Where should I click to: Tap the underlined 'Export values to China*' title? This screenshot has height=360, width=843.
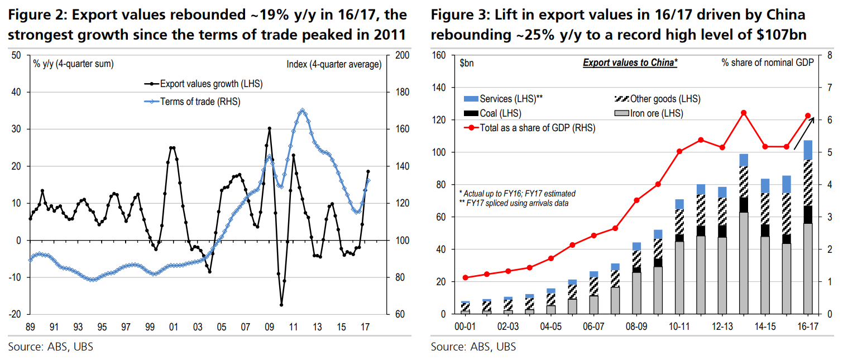[630, 63]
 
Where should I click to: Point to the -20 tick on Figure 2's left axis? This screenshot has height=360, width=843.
[16, 314]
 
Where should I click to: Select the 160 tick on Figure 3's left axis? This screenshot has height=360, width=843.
[439, 55]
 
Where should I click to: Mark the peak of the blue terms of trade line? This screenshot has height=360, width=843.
[302, 111]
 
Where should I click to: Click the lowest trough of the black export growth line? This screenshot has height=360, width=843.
[281, 305]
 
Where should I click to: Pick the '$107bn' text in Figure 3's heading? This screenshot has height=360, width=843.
[779, 35]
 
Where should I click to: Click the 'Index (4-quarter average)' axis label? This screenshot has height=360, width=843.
[333, 65]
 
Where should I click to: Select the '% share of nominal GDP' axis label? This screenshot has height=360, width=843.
[767, 63]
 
